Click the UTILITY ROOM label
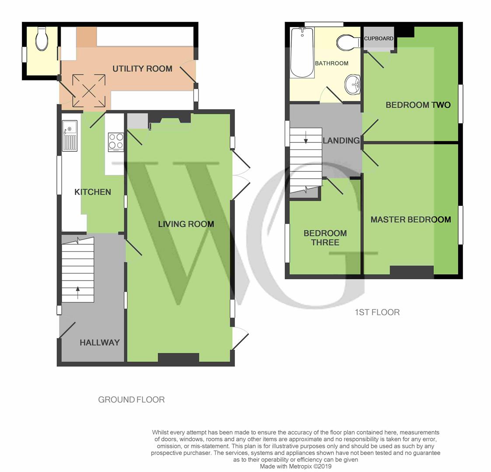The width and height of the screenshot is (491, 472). click(x=142, y=69)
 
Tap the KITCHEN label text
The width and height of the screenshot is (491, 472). click(x=93, y=192)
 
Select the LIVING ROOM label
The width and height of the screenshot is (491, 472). click(x=186, y=224)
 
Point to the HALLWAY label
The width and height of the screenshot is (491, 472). click(x=100, y=343)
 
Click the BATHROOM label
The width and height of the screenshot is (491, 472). click(x=331, y=63)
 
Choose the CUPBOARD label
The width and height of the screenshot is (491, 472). click(x=379, y=38)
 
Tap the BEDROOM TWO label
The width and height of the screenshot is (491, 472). click(x=418, y=105)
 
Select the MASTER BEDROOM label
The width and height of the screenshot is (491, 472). click(x=411, y=220)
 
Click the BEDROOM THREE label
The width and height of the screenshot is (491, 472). click(x=325, y=238)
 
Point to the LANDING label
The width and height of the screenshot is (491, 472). click(x=341, y=141)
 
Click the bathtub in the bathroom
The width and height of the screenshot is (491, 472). click(x=302, y=52)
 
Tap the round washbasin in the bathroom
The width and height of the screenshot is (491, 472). click(x=353, y=84)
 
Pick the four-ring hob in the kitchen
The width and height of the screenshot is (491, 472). click(x=116, y=142)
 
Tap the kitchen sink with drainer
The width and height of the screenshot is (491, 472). click(x=70, y=136)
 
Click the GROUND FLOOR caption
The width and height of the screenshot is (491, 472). click(x=132, y=400)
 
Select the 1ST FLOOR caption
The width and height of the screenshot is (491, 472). click(x=377, y=312)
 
